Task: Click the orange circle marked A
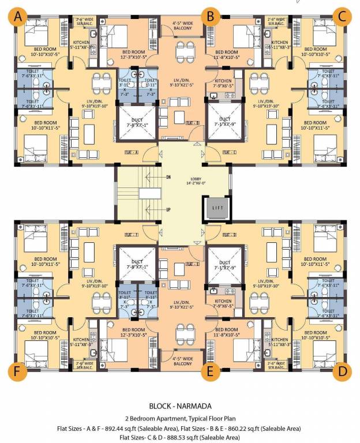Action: [x=18, y=17]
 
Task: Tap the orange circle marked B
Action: [x=210, y=17]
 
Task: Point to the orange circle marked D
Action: [x=343, y=371]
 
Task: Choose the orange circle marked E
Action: [x=210, y=371]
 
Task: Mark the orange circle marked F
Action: [x=18, y=371]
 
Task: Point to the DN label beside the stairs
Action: [x=168, y=177]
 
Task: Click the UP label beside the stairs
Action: [x=168, y=209]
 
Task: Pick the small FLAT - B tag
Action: [x=193, y=123]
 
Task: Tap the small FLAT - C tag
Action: [x=230, y=152]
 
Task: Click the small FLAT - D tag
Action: [x=230, y=235]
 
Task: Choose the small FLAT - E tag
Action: [x=193, y=264]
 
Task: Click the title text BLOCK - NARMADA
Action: [x=179, y=406]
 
